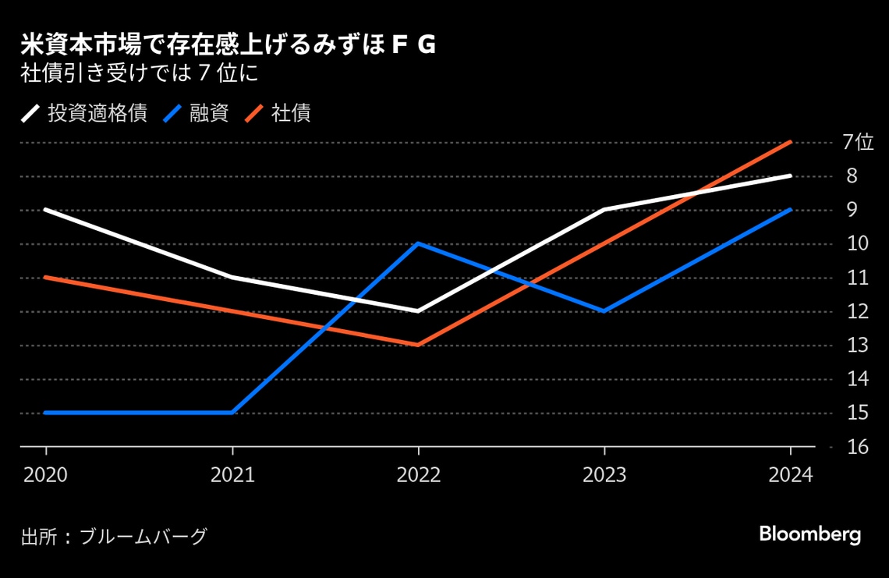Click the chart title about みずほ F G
228,46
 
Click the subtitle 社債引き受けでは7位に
139,75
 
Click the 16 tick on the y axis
857,447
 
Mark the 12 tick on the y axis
857,311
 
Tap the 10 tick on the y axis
857,243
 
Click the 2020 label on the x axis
45,475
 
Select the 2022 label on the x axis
419,475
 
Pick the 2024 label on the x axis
791,475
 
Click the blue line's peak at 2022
419,243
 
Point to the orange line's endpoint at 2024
792,142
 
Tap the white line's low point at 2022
419,311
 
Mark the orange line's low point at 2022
419,345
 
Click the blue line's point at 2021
232,413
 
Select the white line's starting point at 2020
45,209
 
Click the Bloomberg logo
809,534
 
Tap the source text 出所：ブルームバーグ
114,537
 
